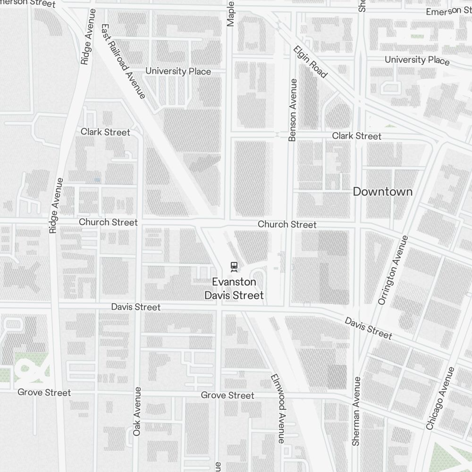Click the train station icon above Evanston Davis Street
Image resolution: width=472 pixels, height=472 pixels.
pos(234,267)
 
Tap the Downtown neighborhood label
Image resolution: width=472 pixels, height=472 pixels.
pos(382,192)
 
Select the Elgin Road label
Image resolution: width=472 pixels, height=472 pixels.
pos(310,62)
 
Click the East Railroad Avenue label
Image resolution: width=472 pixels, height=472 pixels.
pos(123,62)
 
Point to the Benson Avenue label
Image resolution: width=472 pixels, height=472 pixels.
pos(293,110)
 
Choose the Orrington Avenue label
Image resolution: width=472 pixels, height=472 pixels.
pos(392,270)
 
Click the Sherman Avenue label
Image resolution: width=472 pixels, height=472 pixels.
pos(356,411)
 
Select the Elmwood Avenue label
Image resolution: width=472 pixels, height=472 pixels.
pos(278,408)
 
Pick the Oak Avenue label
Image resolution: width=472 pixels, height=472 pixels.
pos(137,411)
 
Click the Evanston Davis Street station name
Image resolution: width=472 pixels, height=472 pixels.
pos(234,288)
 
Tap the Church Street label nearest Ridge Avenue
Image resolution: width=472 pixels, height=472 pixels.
pos(108,222)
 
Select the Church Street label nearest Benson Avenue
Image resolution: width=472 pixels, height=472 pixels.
pos(287,224)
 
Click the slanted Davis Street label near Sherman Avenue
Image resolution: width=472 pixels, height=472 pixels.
pos(368,328)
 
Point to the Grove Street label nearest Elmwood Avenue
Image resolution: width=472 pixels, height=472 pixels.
pos(228,395)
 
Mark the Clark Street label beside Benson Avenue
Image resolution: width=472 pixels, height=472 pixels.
pos(356,136)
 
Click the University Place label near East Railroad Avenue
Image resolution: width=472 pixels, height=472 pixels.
pos(178,71)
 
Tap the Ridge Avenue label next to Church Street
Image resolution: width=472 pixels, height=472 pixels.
pos(56,205)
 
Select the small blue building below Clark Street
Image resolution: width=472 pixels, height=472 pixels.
pos(97,180)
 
